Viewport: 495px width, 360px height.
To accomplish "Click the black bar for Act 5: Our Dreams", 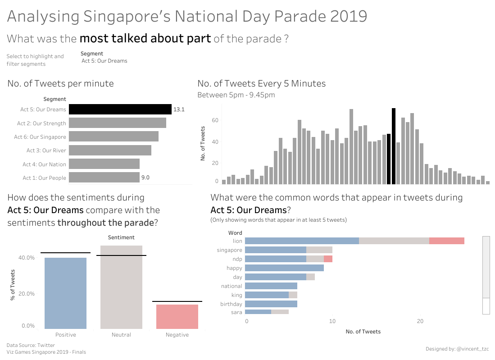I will tap(120, 109).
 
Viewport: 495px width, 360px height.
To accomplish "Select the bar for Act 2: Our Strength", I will tap(118, 123).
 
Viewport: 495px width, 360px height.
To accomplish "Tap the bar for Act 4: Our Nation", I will tap(104, 164).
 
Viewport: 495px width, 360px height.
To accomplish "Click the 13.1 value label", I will tap(179, 109).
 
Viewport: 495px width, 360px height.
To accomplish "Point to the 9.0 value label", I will tap(145, 178).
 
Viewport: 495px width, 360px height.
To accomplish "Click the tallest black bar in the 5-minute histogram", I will tap(394, 146).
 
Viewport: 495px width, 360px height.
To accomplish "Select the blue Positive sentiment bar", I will tap(65, 293).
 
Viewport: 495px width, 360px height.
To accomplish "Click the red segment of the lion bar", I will tap(446, 241).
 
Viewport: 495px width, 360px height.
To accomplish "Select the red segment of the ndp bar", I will tap(328, 259).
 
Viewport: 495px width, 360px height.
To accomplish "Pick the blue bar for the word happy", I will tap(284, 268).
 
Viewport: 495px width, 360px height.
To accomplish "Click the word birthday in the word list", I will tap(231, 304).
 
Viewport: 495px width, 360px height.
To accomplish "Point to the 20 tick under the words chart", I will tap(420, 321).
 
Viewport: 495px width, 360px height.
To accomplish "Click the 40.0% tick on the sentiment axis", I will tap(26, 258).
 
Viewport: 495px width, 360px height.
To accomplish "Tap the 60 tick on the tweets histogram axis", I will tap(215, 121).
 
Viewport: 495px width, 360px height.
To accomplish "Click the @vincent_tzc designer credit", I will tap(472, 349).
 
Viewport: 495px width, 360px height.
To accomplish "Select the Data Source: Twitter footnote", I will tap(31, 345).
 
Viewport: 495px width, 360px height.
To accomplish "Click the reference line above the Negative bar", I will tap(177, 301).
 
